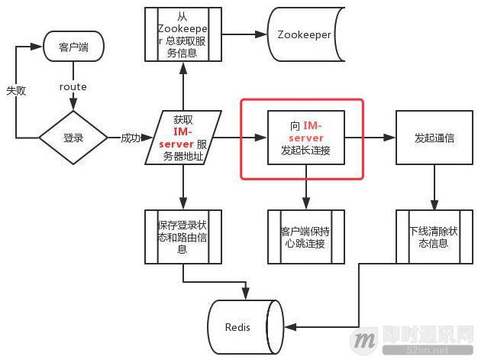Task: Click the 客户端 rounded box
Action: click(73, 47)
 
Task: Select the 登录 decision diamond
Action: click(73, 138)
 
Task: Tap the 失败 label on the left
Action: click(16, 90)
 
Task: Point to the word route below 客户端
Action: click(73, 87)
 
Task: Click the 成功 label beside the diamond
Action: click(131, 138)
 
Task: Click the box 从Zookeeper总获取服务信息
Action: click(183, 35)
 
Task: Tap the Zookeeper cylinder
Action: click(304, 35)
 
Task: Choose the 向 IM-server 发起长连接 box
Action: click(305, 138)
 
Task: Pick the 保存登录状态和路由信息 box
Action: click(183, 237)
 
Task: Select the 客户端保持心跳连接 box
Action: click(305, 237)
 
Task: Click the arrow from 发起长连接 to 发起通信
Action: click(370, 138)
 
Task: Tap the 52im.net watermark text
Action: click(442, 349)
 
